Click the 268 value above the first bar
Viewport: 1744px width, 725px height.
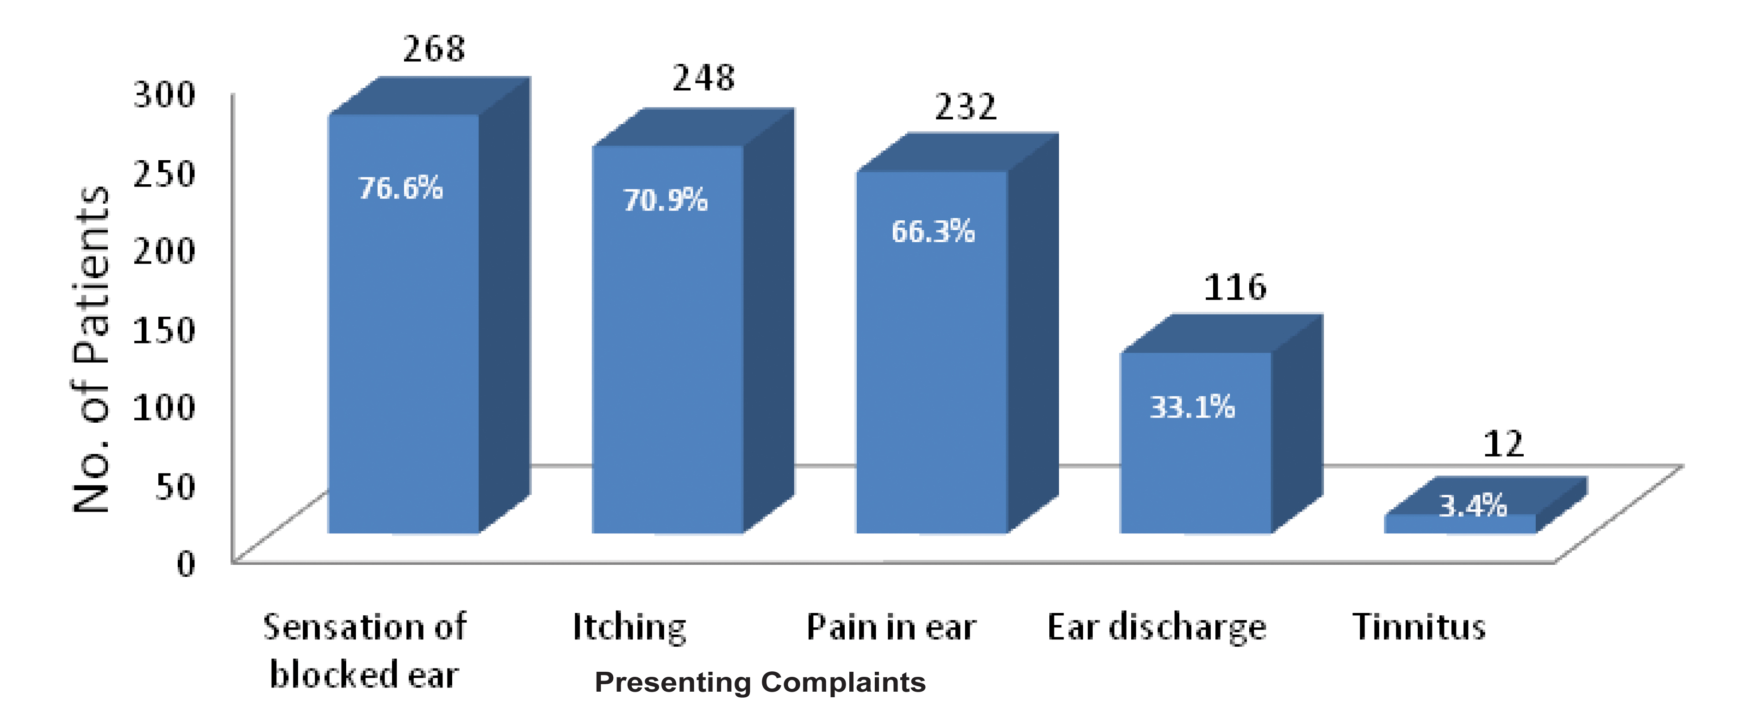coord(434,49)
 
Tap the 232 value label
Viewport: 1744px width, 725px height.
coord(965,107)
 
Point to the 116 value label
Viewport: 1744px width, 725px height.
coord(1234,287)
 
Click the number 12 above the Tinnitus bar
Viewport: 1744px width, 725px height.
coord(1503,444)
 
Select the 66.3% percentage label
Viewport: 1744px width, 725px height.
coord(933,231)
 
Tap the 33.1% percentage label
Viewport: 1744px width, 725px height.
coord(1192,407)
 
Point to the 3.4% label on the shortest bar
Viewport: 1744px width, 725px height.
coord(1472,506)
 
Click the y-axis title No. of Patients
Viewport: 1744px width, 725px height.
coord(91,349)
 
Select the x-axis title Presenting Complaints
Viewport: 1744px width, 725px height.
coord(760,682)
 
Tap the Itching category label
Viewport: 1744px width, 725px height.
coord(629,627)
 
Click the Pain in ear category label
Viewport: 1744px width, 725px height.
coord(891,627)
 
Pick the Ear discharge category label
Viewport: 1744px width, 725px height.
coord(1156,627)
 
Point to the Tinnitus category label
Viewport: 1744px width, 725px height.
coord(1419,627)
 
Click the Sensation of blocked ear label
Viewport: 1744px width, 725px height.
coord(364,650)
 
